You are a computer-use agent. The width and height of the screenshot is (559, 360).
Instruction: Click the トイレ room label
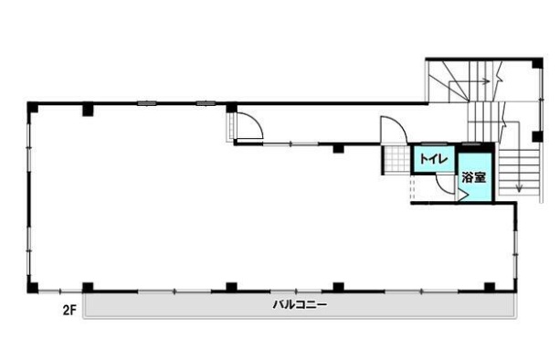point(434,158)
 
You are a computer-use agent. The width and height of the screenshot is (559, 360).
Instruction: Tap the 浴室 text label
point(474,177)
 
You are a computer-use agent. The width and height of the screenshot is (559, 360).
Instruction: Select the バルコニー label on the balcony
point(300,305)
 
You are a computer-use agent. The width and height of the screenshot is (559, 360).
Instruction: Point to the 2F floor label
point(69,311)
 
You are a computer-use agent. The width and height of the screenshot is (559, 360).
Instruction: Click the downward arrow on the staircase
point(519,181)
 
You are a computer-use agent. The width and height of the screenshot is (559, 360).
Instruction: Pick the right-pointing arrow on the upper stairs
point(469,82)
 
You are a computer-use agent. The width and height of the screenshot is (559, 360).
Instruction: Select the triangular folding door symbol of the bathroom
point(463,196)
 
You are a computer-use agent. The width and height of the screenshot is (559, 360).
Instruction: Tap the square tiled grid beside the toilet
point(396,160)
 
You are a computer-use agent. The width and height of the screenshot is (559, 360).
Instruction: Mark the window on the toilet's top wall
point(431,143)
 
